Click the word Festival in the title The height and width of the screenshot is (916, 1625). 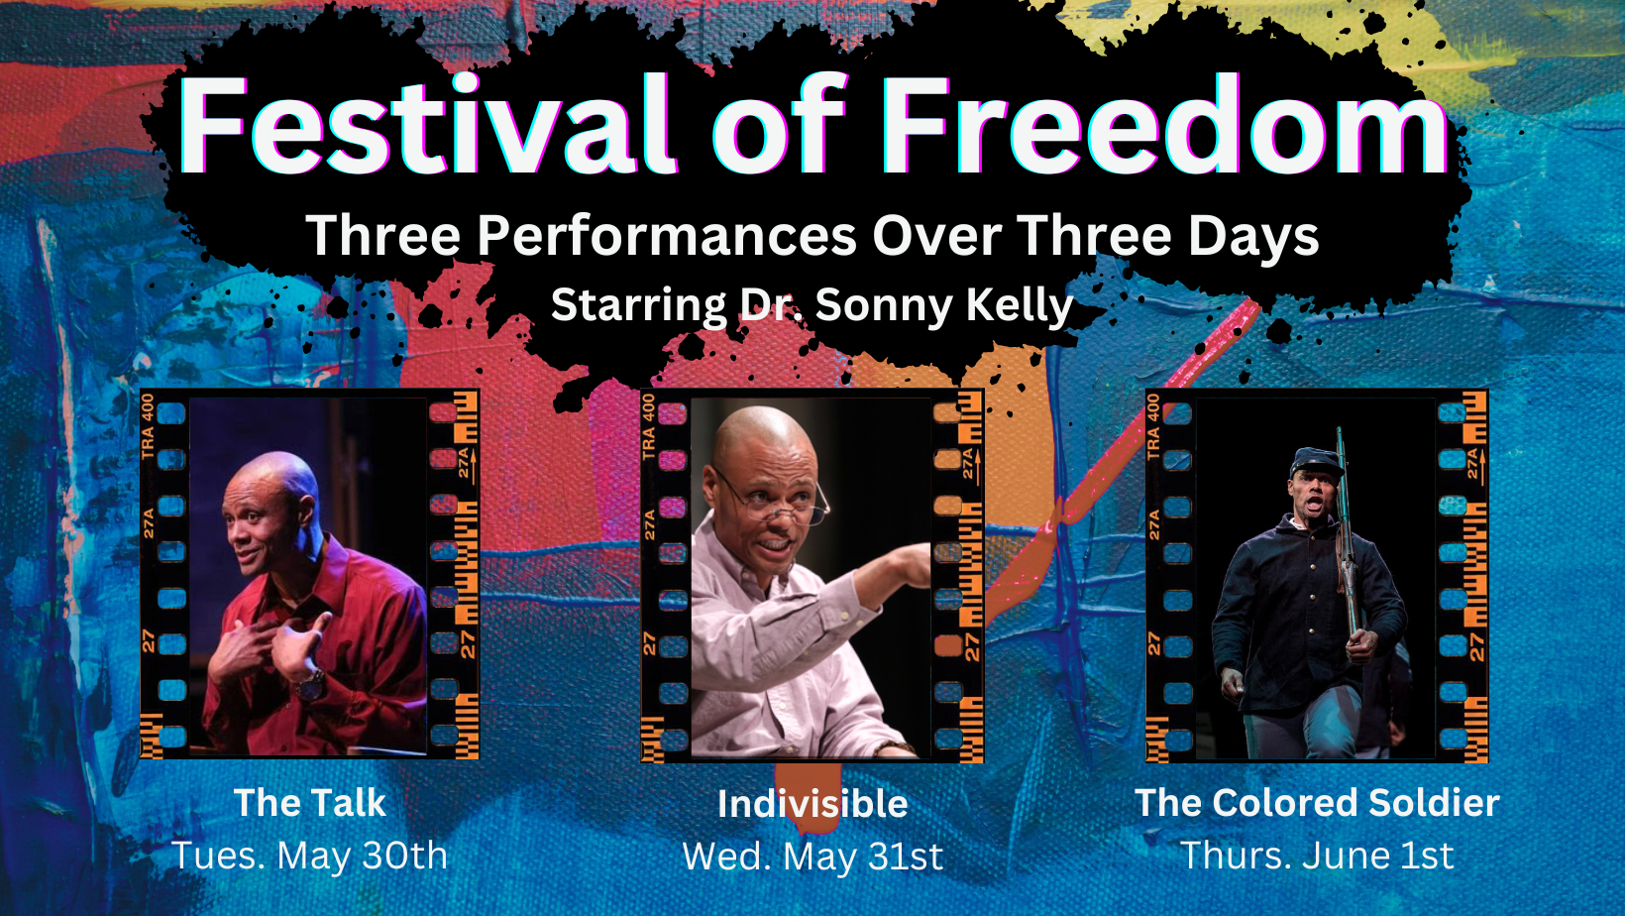click(x=428, y=125)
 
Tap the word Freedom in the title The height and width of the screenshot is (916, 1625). click(x=1165, y=125)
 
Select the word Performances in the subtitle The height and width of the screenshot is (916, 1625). click(x=668, y=236)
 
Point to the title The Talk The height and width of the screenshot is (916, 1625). click(x=310, y=803)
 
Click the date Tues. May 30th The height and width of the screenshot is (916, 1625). click(x=310, y=855)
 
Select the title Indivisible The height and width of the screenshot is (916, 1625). click(x=812, y=804)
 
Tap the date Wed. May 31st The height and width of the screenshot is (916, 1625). click(x=812, y=857)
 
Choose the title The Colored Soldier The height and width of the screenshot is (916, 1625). click(x=1317, y=803)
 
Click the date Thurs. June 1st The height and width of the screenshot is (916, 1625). click(x=1317, y=855)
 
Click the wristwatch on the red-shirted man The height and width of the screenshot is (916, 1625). click(x=310, y=682)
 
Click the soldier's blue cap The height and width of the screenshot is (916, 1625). click(x=1315, y=462)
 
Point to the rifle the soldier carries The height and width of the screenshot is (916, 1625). click(x=1348, y=537)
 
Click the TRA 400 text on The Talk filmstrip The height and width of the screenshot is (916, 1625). click(x=148, y=426)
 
